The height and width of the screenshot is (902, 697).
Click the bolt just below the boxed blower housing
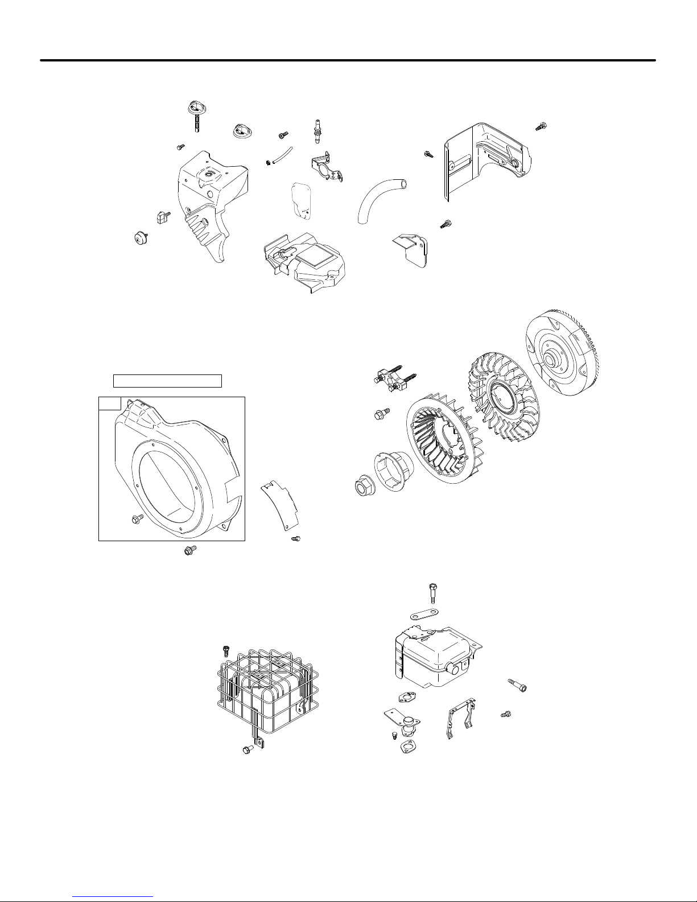pyautogui.click(x=190, y=550)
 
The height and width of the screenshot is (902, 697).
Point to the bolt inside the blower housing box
pyautogui.click(x=137, y=518)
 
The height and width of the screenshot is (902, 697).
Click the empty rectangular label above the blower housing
pyautogui.click(x=167, y=381)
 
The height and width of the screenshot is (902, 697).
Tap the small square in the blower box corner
pyautogui.click(x=109, y=403)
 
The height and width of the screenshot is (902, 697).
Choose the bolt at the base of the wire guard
pyautogui.click(x=248, y=751)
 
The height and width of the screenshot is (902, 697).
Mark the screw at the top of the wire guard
pyautogui.click(x=225, y=650)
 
